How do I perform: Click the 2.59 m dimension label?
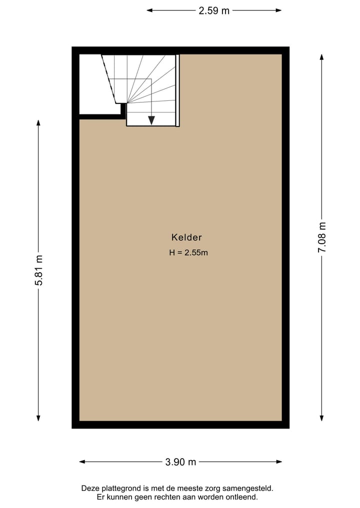coord(214,10)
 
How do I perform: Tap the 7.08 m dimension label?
coord(322,237)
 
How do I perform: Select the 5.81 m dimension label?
coord(39,270)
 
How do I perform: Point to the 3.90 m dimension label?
coord(180,462)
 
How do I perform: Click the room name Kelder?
coord(186,238)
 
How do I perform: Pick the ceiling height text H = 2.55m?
coord(188,253)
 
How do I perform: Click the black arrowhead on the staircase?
coord(151,120)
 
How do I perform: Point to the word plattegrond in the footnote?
coord(119,488)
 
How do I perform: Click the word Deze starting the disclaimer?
coord(90,488)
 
